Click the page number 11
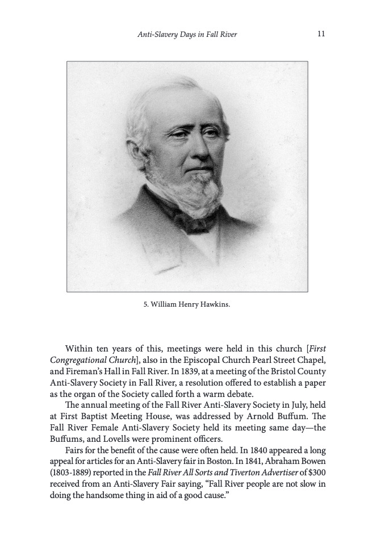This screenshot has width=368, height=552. pos(321,34)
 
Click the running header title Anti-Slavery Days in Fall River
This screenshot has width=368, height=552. pos(187,35)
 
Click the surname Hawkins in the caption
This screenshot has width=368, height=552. pos(214,305)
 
